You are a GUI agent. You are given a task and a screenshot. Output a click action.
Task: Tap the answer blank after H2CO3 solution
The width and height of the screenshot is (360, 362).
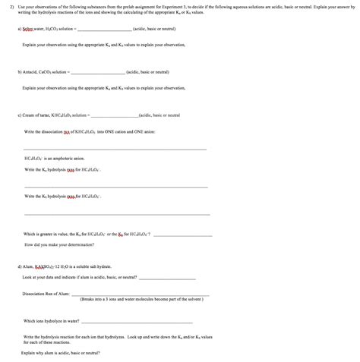[x=103, y=27]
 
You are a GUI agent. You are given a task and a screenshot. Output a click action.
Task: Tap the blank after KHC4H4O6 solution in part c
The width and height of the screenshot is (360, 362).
[x=114, y=115]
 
